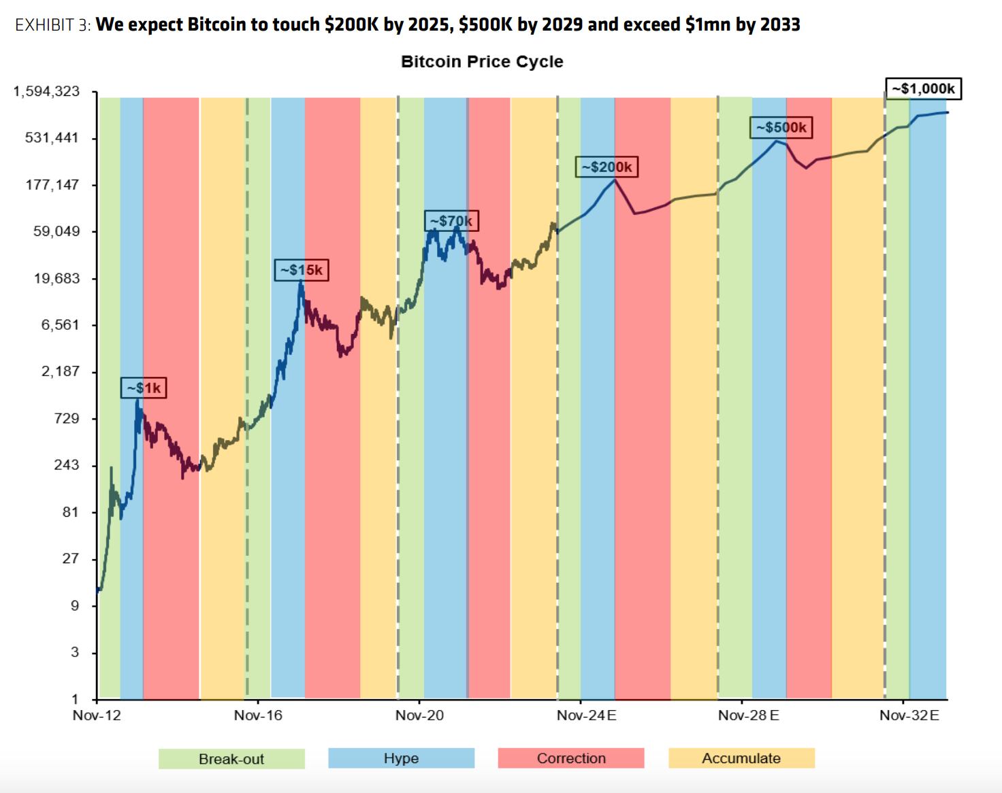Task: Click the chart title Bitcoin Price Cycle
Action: tap(482, 62)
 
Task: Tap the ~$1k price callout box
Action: tap(144, 388)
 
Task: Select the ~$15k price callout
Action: tap(302, 270)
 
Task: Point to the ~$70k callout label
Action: tap(451, 221)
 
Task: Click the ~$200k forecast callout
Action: tap(607, 167)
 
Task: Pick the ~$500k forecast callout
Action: tap(781, 127)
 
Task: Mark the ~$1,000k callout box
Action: tap(923, 88)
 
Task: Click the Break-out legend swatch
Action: tap(231, 759)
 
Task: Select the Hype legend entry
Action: tap(401, 758)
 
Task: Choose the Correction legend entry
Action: tap(571, 758)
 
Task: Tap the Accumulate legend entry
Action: tap(741, 758)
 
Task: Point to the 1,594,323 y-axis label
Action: tap(46, 91)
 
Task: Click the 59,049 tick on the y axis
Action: tap(56, 231)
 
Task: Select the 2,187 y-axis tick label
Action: tap(61, 371)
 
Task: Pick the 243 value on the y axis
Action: tap(67, 465)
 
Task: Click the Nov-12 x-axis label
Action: tap(97, 715)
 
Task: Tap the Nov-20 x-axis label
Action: tap(419, 715)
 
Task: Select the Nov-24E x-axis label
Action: tap(586, 715)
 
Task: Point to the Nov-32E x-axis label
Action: tap(909, 715)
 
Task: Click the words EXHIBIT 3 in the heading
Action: tap(52, 25)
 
